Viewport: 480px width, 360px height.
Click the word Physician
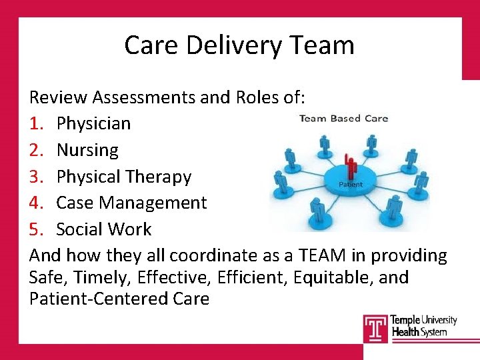coord(93,123)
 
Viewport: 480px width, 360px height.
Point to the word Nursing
coord(87,150)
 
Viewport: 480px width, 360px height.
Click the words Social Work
coord(104,229)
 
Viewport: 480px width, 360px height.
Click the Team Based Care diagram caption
coord(343,119)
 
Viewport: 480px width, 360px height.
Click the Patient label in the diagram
coord(351,185)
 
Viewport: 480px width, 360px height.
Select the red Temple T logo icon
coord(375,327)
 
